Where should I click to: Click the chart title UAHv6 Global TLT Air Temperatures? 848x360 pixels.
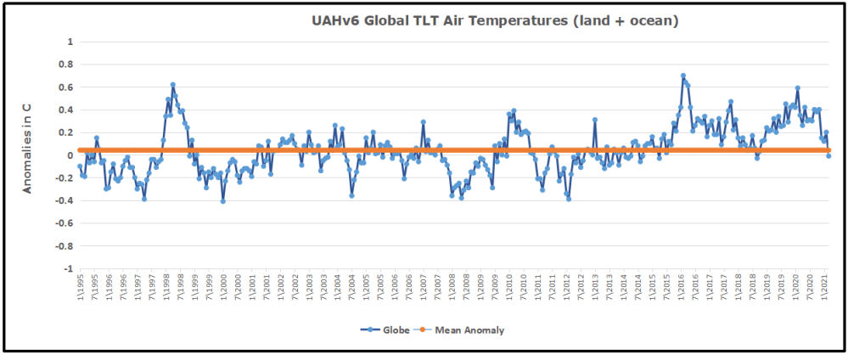(x=494, y=20)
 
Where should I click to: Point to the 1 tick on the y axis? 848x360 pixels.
(x=70, y=42)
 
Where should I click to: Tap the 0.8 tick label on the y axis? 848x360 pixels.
(x=66, y=65)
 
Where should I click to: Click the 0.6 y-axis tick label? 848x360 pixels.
(x=66, y=87)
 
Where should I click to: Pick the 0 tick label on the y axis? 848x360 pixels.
(x=70, y=155)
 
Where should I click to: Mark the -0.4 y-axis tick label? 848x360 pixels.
(x=65, y=200)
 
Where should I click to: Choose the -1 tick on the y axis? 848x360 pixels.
(x=68, y=268)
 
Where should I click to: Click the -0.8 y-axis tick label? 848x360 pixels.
(x=65, y=245)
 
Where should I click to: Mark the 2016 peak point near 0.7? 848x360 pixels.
(x=682, y=76)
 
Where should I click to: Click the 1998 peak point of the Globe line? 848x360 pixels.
(x=172, y=85)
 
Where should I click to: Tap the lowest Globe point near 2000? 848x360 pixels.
(x=223, y=201)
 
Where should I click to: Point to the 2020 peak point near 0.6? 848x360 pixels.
(x=797, y=87)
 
